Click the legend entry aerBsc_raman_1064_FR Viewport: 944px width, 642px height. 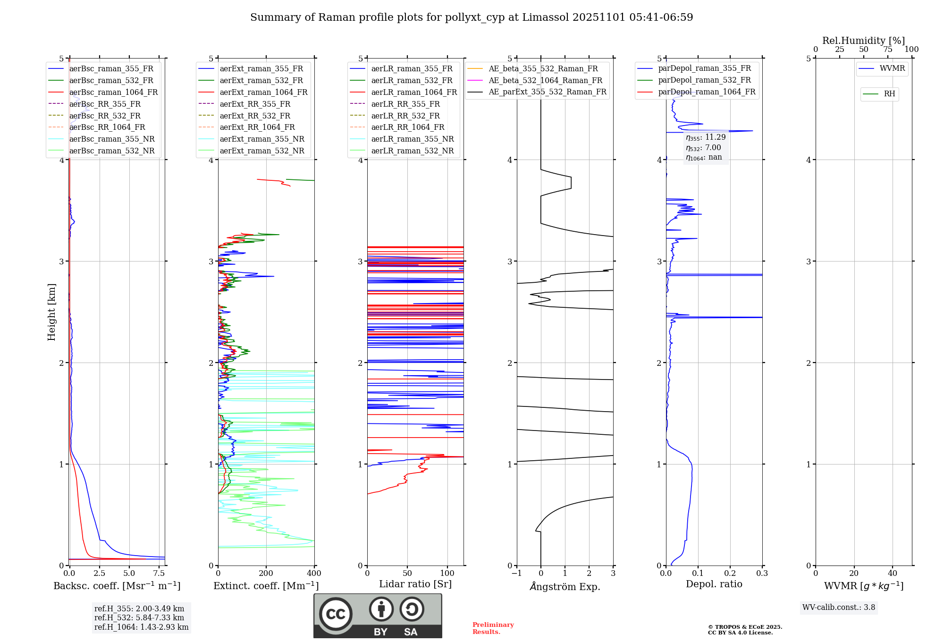coord(113,93)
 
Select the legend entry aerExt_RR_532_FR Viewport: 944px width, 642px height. coord(255,116)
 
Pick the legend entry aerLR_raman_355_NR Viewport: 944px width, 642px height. coord(412,139)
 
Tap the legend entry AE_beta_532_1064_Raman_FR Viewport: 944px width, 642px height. coord(545,81)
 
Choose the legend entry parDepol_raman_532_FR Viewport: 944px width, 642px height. coord(704,80)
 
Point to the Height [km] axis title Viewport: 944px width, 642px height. coord(51,312)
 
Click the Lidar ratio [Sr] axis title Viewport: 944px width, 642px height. coord(415,584)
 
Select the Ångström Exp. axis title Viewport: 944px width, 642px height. coord(565,587)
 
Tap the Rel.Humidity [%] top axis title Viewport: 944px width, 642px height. coord(863,41)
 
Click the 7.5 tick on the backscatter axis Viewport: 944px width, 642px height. coord(159,574)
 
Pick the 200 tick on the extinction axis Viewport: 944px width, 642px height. coord(266,574)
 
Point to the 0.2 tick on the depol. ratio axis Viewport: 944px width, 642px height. coord(730,574)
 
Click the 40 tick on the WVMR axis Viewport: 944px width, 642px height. coord(893,574)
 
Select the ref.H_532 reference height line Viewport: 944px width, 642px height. coord(139,618)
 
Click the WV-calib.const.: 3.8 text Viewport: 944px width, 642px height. coord(839,608)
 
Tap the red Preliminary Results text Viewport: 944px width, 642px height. coord(493,628)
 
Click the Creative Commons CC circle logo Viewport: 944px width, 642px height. coord(336,614)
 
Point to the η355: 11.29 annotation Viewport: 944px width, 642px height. coord(706,137)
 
